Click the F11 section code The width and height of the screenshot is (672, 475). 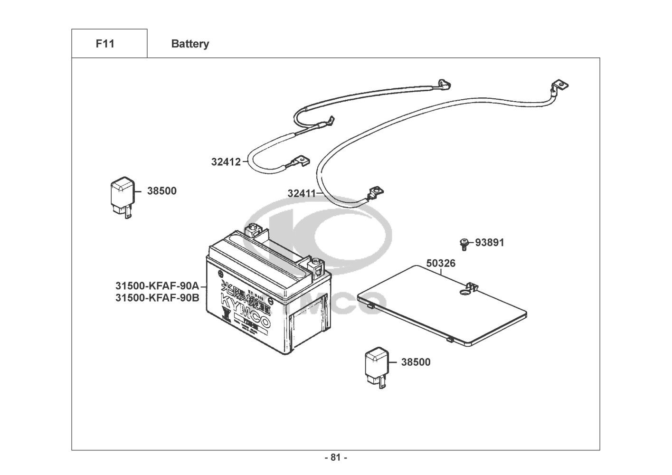(x=105, y=44)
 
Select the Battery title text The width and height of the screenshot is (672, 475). (x=190, y=44)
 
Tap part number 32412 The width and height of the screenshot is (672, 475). (x=226, y=162)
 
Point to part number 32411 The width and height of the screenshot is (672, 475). (x=302, y=193)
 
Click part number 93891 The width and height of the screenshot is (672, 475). (x=490, y=243)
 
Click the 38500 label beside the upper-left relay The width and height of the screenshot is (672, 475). (x=161, y=191)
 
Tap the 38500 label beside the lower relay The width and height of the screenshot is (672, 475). (x=416, y=362)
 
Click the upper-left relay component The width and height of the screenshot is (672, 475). (x=120, y=196)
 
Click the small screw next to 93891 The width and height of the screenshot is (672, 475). (x=464, y=244)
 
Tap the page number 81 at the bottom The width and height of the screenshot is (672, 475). (x=336, y=458)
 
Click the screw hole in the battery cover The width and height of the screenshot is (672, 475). (x=464, y=293)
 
